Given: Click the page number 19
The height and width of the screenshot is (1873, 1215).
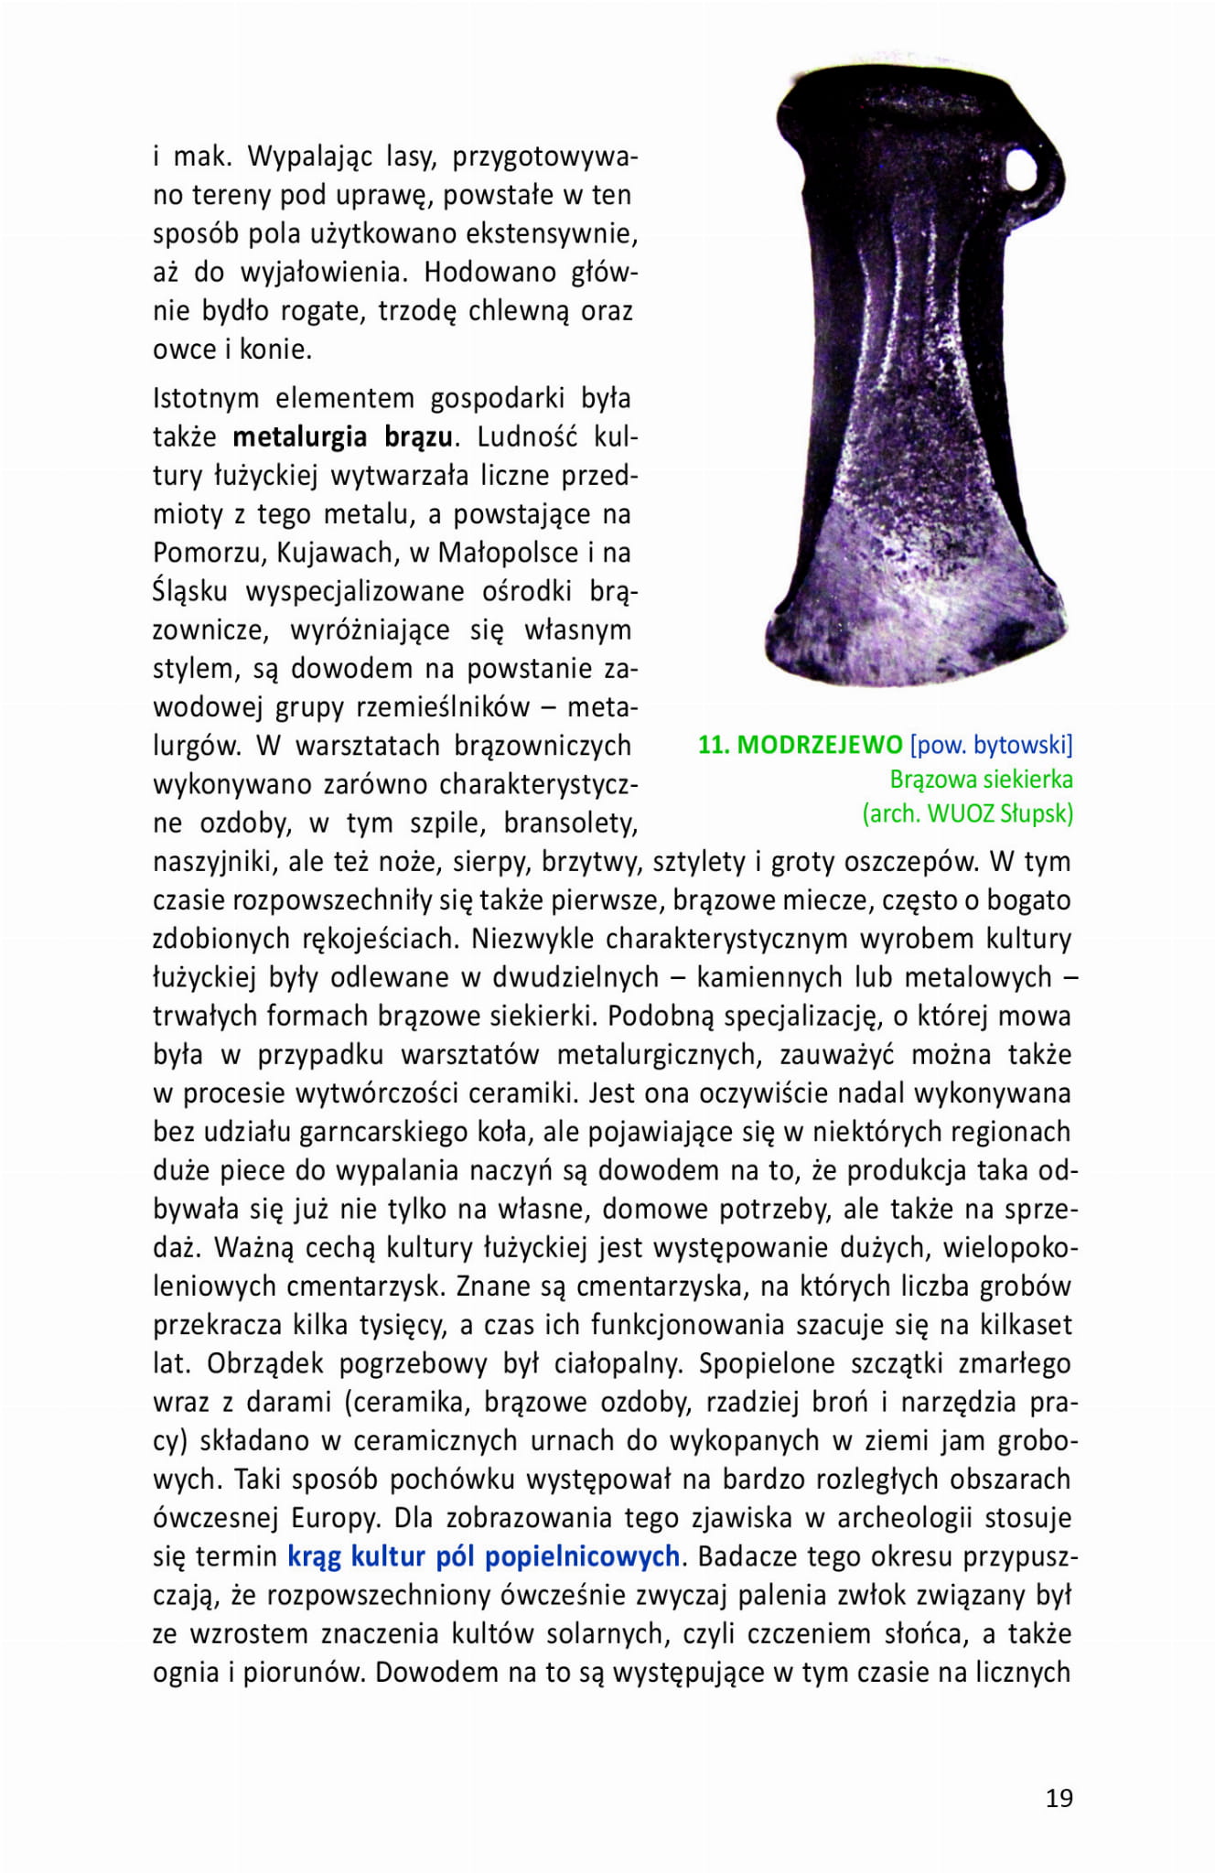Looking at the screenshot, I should tap(1059, 1797).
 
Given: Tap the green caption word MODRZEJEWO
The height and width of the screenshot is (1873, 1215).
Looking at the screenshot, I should tap(819, 745).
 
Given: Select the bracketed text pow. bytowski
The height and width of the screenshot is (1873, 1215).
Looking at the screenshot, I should tap(992, 745).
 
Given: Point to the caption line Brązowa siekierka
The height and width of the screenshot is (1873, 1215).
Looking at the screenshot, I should tap(981, 780).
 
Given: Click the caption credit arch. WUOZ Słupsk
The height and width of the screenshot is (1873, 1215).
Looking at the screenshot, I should tap(967, 813).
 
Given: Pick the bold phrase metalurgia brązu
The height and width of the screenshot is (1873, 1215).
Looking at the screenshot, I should tap(342, 436).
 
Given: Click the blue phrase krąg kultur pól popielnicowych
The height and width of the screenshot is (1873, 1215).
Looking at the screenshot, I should tap(483, 1555).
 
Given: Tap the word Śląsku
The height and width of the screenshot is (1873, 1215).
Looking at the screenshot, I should tap(189, 591).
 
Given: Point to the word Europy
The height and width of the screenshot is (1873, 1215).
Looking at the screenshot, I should tap(333, 1517).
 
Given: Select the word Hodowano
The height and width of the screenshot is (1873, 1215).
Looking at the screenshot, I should tap(490, 273).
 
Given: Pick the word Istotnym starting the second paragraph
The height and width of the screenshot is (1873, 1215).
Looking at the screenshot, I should tap(204, 398).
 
